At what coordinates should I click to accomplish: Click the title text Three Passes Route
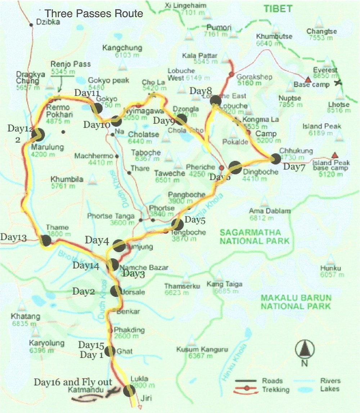point(94,14)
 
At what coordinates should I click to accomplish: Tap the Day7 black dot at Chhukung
point(275,159)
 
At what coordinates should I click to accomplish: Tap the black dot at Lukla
point(129,391)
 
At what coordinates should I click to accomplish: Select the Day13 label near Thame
point(13,237)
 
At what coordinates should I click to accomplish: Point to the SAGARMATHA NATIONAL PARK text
point(255,237)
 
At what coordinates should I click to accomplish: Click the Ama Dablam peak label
point(264,211)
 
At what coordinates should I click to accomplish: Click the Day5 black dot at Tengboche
point(177,224)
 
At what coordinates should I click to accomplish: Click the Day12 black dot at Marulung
point(37,135)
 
